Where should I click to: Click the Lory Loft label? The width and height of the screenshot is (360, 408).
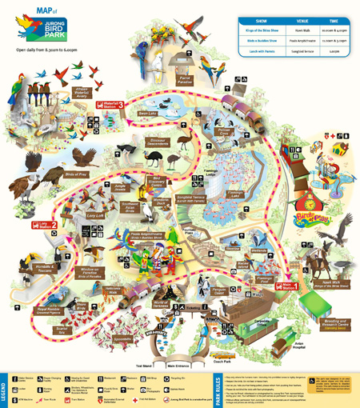(94, 214)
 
